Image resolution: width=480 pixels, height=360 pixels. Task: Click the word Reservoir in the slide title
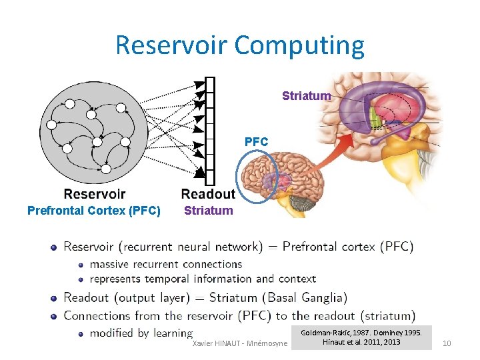[x=172, y=45]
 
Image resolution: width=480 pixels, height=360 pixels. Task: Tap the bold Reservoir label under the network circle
[x=94, y=194]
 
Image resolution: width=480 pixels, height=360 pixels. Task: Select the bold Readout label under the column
[x=208, y=194]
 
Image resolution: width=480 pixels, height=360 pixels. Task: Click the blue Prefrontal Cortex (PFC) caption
[x=94, y=211]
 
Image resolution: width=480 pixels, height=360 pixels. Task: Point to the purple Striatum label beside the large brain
[x=306, y=96]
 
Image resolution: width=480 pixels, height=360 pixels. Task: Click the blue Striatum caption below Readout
[x=209, y=211]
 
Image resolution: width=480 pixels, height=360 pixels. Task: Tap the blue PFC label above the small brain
[x=256, y=141]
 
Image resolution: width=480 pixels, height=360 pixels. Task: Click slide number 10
[x=447, y=343]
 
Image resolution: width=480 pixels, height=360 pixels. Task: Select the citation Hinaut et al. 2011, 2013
[x=361, y=342]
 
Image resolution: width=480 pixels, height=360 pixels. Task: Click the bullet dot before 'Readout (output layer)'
[x=54, y=298]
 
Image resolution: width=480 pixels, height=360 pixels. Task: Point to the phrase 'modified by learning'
[x=141, y=333]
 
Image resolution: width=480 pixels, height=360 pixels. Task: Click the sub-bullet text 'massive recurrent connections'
[x=165, y=264]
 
